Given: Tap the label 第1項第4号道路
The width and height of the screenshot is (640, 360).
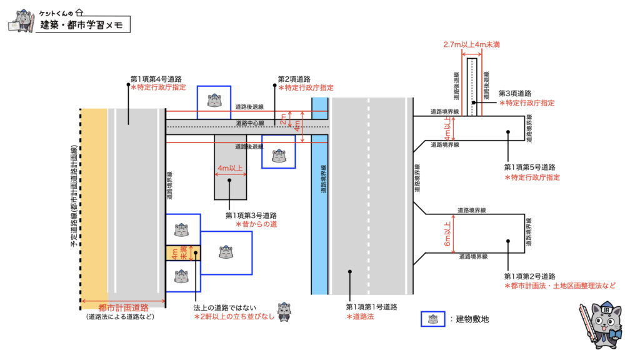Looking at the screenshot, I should pyautogui.click(x=156, y=79).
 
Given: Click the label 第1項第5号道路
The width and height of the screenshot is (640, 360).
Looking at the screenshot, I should pyautogui.click(x=529, y=167).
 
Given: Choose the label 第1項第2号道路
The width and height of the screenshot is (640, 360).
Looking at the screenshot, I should pyautogui.click(x=529, y=276).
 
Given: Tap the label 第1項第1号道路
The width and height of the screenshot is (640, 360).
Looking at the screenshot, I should pyautogui.click(x=372, y=307).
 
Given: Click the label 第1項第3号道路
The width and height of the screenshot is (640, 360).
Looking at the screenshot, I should pyautogui.click(x=251, y=216).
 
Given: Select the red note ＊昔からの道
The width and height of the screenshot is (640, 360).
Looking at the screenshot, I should pyautogui.click(x=256, y=224).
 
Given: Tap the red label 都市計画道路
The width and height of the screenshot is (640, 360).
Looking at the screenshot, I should pyautogui.click(x=124, y=307).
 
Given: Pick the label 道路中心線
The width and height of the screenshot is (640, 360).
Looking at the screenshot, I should pyautogui.click(x=250, y=123).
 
